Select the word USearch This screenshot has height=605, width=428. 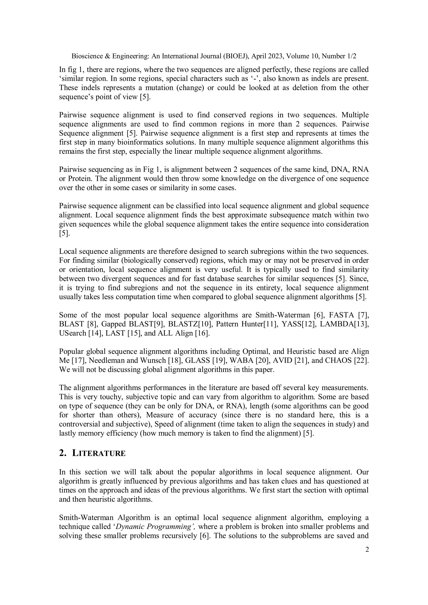pos(73,333)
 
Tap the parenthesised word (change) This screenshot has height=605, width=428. pos(190,88)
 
